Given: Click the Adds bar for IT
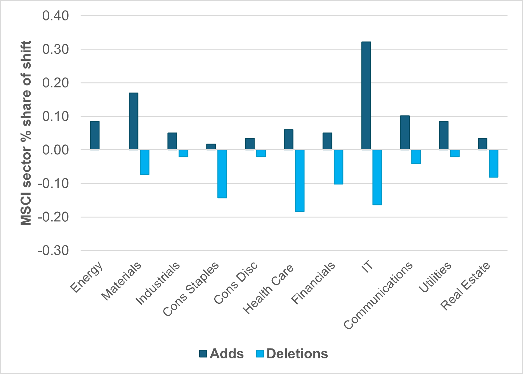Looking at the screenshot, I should pyautogui.click(x=366, y=96).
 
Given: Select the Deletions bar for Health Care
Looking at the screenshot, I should pyautogui.click(x=300, y=181).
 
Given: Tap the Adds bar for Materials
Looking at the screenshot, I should pyautogui.click(x=133, y=121).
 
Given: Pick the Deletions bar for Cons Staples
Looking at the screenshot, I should pyautogui.click(x=222, y=174).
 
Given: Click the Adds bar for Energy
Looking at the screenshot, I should pyautogui.click(x=95, y=135).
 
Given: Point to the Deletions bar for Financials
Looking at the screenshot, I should pyautogui.click(x=338, y=167).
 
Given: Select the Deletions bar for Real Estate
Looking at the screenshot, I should pyautogui.click(x=494, y=163).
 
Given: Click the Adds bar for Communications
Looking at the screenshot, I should pyautogui.click(x=405, y=132).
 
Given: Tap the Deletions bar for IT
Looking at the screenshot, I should pyautogui.click(x=377, y=177).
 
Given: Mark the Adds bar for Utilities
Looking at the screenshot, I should pyautogui.click(x=444, y=135).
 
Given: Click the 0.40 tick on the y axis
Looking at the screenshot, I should pyautogui.click(x=56, y=16).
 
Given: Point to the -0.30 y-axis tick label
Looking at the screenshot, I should pyautogui.click(x=53, y=250).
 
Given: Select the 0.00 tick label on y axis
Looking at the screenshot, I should pyautogui.click(x=56, y=150).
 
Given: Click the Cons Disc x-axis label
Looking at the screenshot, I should pyautogui.click(x=236, y=283).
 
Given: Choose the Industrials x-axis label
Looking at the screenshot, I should pyautogui.click(x=158, y=283).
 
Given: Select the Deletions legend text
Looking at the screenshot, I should pyautogui.click(x=297, y=354).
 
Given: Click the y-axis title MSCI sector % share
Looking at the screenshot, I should pyautogui.click(x=26, y=133).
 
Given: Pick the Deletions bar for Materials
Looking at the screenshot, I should pyautogui.click(x=145, y=162).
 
